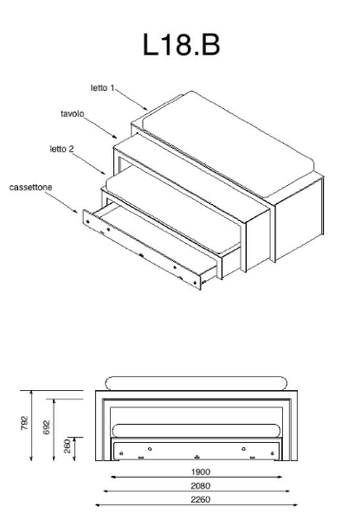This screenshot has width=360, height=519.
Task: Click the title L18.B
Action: coord(181,45)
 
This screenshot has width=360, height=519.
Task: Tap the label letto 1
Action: coord(102,88)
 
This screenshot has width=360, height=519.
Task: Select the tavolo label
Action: coord(72,114)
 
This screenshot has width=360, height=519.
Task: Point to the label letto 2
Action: coord(61,150)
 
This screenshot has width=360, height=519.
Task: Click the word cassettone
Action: coord(30,188)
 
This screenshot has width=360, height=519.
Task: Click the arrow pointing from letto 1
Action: coord(132,99)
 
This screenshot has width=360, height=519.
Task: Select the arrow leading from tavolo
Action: coord(100,128)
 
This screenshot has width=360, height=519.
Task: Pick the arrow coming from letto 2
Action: coord(89,163)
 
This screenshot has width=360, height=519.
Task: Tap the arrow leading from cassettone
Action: coord(61,202)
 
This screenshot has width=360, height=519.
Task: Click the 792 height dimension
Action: coord(25,423)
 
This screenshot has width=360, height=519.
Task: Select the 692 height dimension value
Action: coord(47,427)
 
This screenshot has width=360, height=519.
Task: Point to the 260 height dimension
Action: coord(67,446)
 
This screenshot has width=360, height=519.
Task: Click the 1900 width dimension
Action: coord(201,472)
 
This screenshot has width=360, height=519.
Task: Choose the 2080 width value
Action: coord(201,486)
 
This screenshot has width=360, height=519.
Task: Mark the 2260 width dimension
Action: coord(201,499)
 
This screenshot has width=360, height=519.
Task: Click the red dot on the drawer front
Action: coord(141,255)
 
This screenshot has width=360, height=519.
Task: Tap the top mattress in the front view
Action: coord(196,383)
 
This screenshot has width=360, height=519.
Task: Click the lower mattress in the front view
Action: coord(196,430)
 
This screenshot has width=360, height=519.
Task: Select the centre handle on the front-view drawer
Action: coord(197,457)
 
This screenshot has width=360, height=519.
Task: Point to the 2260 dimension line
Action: coord(196,505)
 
